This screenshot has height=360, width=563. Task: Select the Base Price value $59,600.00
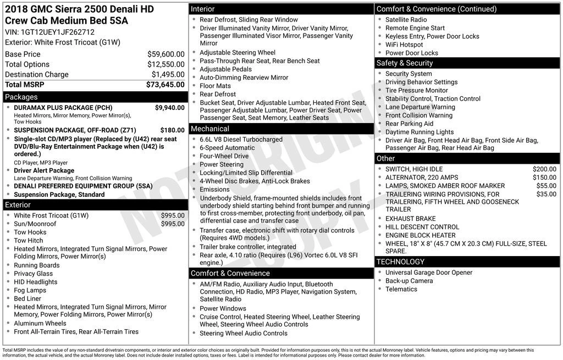click(165, 54)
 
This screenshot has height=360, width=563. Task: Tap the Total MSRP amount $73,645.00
click(165, 85)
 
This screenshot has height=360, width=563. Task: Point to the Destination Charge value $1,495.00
click(168, 75)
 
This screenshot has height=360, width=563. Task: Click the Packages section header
click(21, 97)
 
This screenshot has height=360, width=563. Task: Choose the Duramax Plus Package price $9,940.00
click(169, 108)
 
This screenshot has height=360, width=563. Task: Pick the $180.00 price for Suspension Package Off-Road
click(172, 130)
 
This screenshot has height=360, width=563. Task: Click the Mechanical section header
click(209, 129)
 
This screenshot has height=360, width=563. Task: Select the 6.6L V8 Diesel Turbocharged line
click(241, 140)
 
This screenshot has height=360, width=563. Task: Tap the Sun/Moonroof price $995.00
click(173, 224)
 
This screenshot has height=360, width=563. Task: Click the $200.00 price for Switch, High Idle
click(544, 169)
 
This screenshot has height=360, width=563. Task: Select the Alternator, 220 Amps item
click(421, 178)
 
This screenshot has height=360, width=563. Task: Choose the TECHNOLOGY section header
click(400, 262)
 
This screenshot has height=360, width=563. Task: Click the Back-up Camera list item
click(409, 281)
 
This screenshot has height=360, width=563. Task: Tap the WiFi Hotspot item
click(404, 45)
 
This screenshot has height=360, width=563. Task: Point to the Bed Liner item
click(27, 298)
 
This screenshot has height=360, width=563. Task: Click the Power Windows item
click(223, 308)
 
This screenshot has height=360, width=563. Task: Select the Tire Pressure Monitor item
click(416, 90)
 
